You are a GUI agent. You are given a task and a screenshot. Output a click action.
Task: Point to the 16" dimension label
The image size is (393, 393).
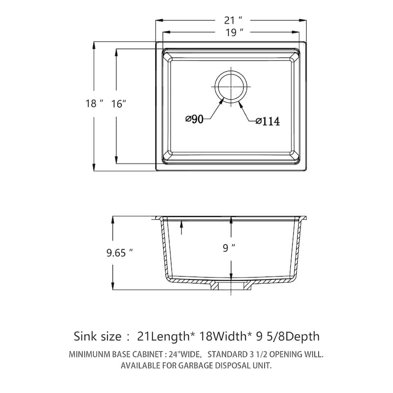[x=119, y=104]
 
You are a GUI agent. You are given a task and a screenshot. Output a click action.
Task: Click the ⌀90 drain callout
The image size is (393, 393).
[x=195, y=119]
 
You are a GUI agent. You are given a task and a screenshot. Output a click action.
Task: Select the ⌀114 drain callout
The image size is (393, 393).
[x=268, y=121]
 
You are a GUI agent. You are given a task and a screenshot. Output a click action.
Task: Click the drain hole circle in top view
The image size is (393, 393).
[x=230, y=86]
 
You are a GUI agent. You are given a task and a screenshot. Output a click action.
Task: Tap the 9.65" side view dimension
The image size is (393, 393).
[x=120, y=253]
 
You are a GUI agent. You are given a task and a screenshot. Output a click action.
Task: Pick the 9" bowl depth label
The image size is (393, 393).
[x=226, y=249]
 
